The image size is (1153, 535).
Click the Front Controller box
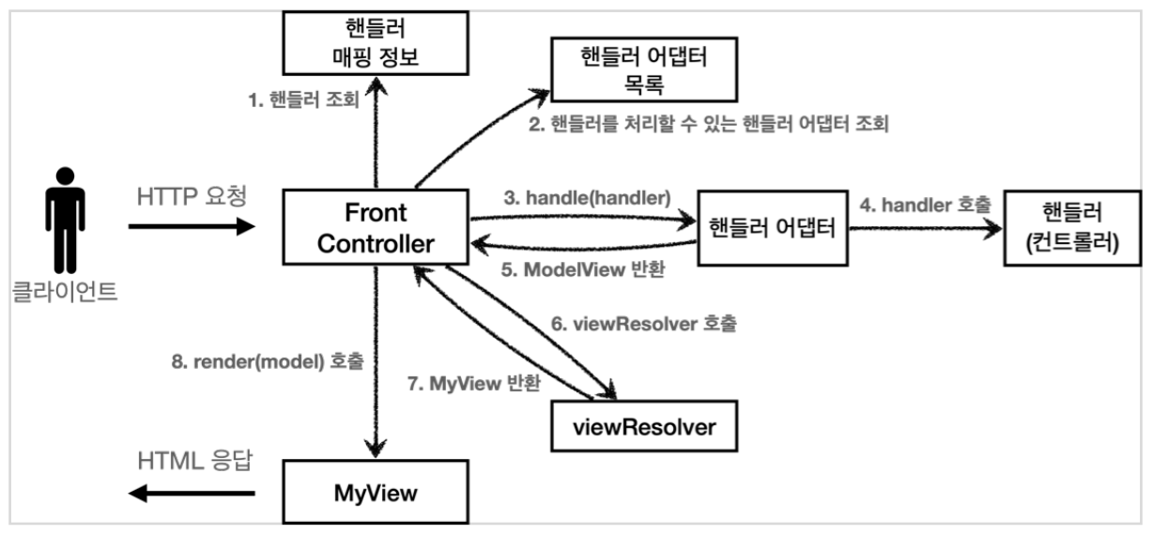[x=376, y=227]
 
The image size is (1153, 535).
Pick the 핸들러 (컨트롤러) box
[x=1073, y=227]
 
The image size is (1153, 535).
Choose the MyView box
[x=376, y=491]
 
